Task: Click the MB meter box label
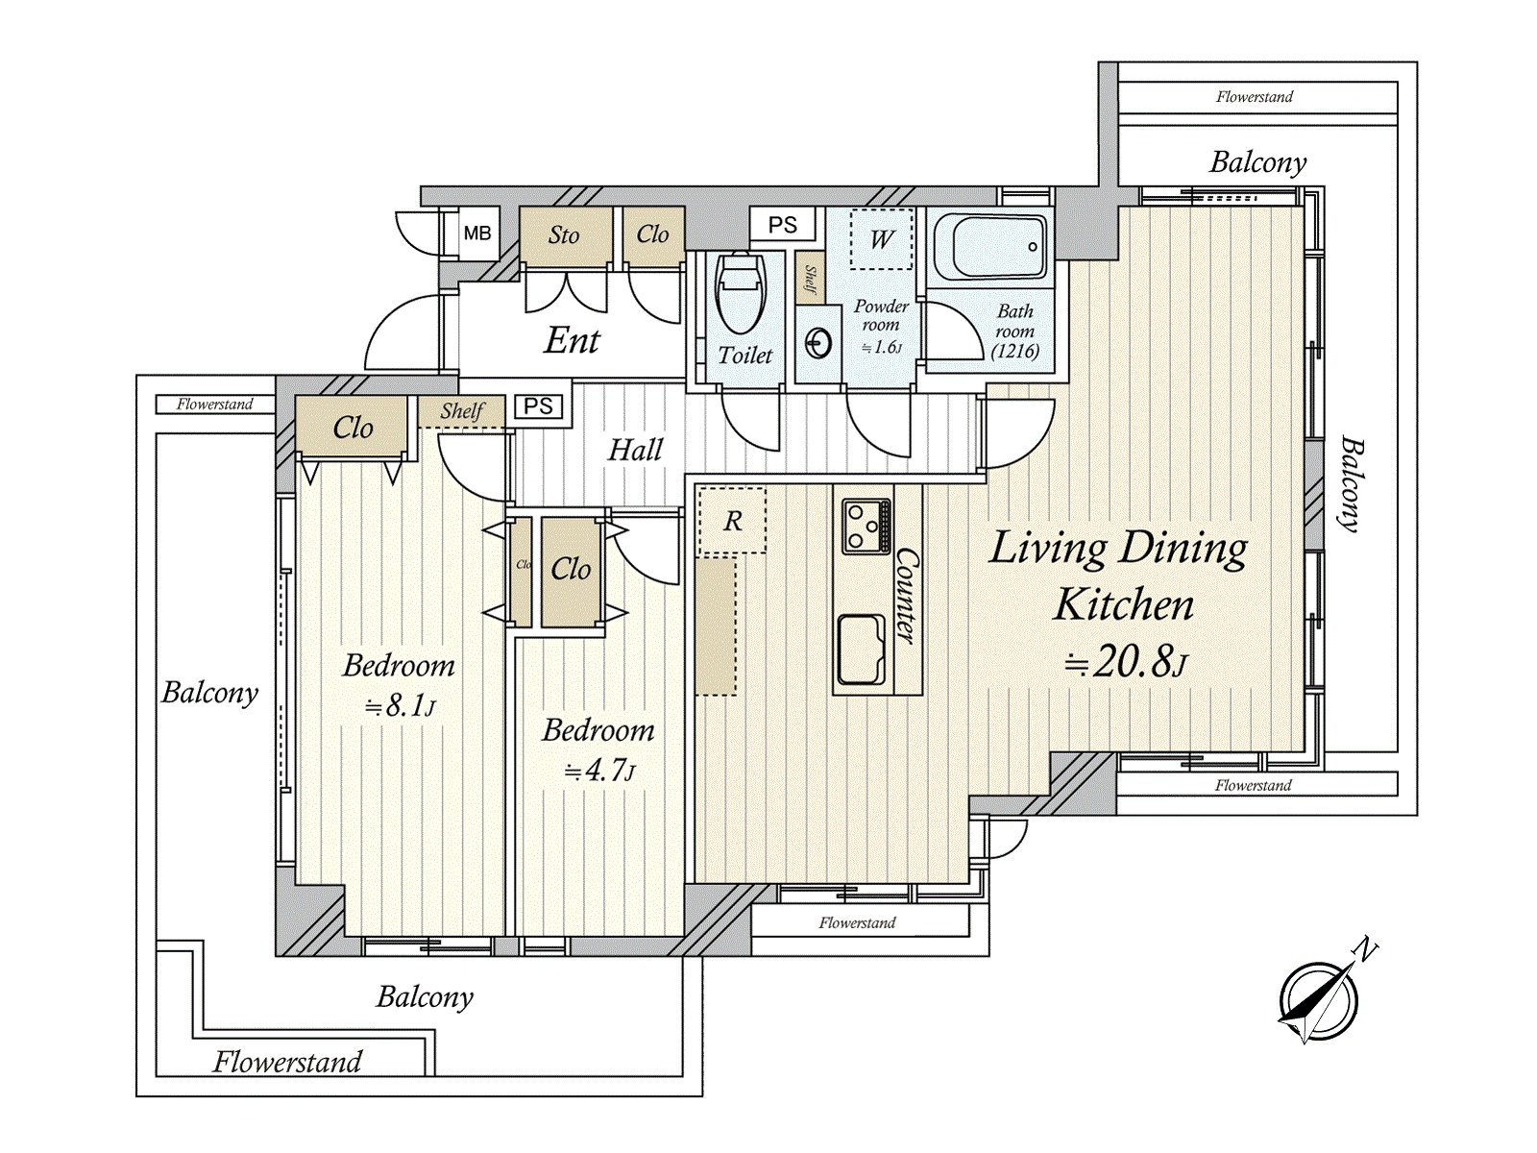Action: coord(477,233)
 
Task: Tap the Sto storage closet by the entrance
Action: coord(564,235)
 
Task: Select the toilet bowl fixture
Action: coord(741,288)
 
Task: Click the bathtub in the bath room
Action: coord(989,247)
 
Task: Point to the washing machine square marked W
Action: coord(882,239)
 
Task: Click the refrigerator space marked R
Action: coord(732,521)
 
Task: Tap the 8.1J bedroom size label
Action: coord(400,707)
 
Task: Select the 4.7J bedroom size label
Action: coord(599,771)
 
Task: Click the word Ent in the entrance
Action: coord(572,340)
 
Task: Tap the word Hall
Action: coord(635,450)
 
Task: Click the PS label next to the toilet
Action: coord(783,225)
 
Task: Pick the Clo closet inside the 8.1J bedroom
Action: coord(353,428)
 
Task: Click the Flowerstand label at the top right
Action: coord(1254,97)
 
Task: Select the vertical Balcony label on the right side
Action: coord(1352,484)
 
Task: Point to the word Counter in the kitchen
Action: coord(906,596)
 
